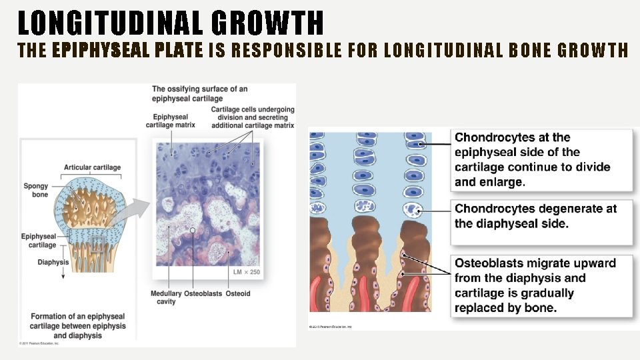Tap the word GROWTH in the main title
pyautogui.click(x=268, y=23)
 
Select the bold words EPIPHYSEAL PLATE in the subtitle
pyautogui.click(x=127, y=50)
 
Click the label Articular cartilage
pyautogui.click(x=92, y=167)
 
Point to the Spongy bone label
pyautogui.click(x=36, y=189)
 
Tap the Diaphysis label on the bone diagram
pyautogui.click(x=53, y=262)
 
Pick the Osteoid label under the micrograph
pyautogui.click(x=238, y=293)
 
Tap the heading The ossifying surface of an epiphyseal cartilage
pyautogui.click(x=200, y=93)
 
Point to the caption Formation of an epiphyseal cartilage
pyautogui.click(x=77, y=325)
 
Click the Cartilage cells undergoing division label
pyautogui.click(x=252, y=117)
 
